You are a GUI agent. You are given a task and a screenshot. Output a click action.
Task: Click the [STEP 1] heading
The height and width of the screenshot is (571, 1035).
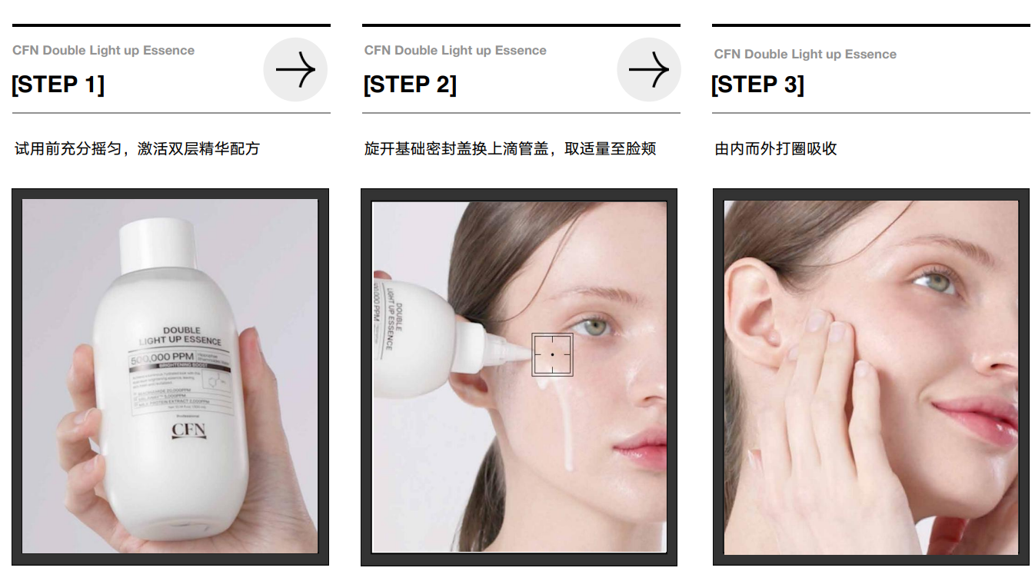tap(58, 85)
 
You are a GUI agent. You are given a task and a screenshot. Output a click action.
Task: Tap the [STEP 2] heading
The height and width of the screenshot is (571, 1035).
tap(410, 85)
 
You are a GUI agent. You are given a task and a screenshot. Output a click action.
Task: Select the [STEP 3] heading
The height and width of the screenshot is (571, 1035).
tap(757, 85)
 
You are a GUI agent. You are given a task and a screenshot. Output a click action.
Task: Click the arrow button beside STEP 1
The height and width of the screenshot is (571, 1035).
tap(295, 70)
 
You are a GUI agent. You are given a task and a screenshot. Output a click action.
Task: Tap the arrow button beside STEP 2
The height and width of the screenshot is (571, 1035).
tap(648, 70)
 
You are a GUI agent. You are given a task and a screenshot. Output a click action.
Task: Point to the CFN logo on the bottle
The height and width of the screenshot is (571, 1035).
tap(188, 429)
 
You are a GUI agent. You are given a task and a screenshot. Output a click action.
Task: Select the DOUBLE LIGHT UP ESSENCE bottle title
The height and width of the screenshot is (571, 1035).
tap(180, 336)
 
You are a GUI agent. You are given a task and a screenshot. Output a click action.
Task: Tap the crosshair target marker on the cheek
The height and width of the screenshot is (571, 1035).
tap(552, 354)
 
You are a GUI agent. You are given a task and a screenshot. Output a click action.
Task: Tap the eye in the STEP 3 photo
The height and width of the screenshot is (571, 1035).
tap(933, 281)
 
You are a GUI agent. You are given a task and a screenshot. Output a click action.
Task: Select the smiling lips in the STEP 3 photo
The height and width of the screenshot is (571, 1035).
tap(976, 419)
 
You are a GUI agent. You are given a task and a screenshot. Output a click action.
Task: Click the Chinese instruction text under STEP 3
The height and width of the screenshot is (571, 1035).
tap(775, 149)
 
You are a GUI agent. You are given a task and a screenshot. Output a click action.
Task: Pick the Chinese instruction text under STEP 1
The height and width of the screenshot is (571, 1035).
tap(137, 149)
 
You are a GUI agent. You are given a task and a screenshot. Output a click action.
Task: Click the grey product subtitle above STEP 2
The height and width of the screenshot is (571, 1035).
tap(455, 51)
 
